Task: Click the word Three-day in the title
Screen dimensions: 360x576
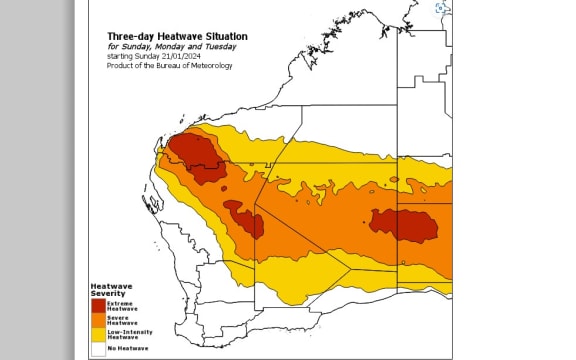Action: coord(128,36)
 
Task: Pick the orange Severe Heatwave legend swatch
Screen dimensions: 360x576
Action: coord(98,321)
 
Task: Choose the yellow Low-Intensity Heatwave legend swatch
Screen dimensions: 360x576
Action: coord(98,334)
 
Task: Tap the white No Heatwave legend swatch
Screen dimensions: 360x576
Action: coord(98,347)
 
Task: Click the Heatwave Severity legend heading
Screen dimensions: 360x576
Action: coord(108,289)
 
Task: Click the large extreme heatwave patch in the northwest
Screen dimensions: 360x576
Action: coord(196,155)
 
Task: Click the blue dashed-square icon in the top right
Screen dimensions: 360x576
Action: coord(442,7)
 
